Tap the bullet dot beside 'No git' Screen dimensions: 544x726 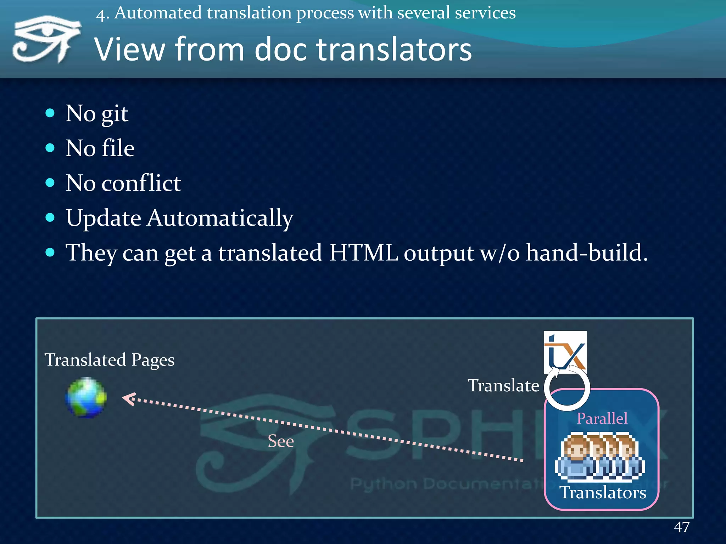50,113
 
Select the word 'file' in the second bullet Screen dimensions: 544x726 118,148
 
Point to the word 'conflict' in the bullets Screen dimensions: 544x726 141,183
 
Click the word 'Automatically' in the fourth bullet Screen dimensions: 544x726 220,218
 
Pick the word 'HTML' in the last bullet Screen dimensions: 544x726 363,253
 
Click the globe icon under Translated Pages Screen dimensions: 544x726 86,398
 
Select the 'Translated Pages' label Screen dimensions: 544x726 109,360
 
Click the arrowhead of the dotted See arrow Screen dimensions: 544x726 128,399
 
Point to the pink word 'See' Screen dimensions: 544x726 281,441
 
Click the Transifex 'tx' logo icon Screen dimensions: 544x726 565,351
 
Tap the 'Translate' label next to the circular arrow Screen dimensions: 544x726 503,385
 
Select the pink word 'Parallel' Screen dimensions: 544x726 602,418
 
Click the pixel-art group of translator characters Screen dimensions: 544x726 600,457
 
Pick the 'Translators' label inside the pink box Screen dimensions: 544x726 603,492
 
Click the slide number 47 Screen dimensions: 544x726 681,527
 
